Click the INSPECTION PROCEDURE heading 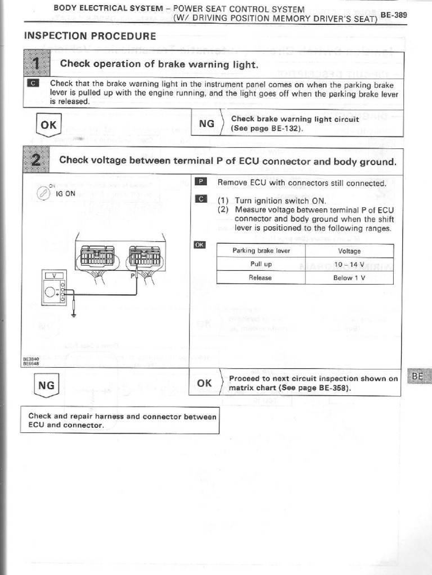pos(90,36)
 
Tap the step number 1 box pos(36,64)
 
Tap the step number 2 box pos(36,161)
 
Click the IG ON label pos(66,193)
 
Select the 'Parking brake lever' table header pos(260,251)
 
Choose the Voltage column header pos(349,251)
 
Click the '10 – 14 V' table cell pos(349,264)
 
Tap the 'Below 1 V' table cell pos(349,278)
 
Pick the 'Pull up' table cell pos(260,264)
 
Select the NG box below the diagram pos(47,386)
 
